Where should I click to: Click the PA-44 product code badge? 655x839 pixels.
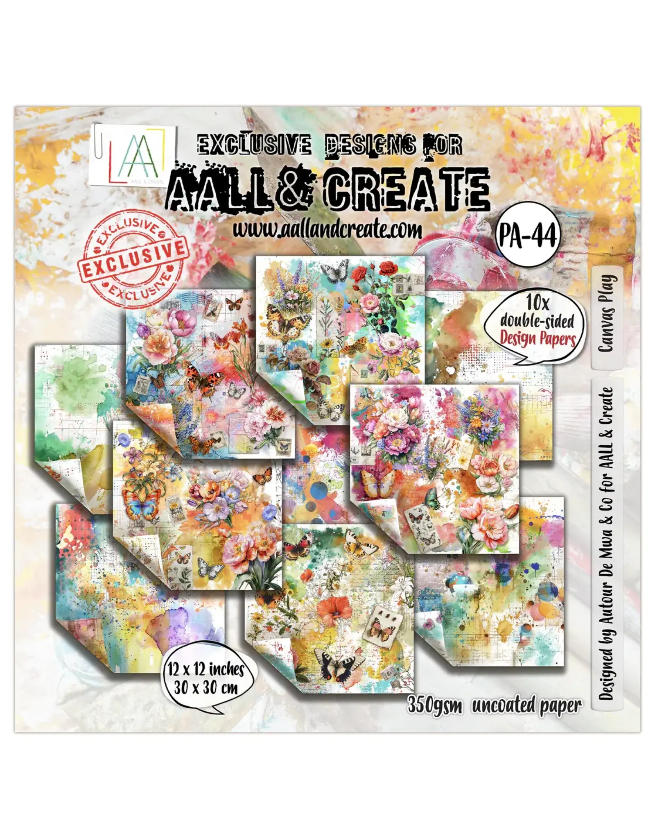click(x=527, y=236)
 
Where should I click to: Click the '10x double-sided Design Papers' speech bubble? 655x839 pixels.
click(x=538, y=322)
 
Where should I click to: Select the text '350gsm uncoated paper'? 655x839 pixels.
click(x=494, y=705)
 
